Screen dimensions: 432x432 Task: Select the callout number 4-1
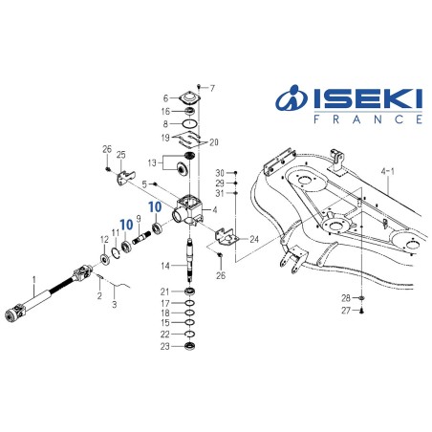(x=392, y=173)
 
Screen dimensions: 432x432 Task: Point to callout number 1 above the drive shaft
(x=35, y=281)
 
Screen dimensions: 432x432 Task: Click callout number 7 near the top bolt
(x=212, y=87)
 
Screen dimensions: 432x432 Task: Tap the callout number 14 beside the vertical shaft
(x=164, y=265)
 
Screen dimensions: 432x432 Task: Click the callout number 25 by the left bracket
(x=120, y=155)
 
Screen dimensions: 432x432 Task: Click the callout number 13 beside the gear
(x=153, y=162)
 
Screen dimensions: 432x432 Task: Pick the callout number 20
(x=214, y=142)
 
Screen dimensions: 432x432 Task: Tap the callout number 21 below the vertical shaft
(x=164, y=292)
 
